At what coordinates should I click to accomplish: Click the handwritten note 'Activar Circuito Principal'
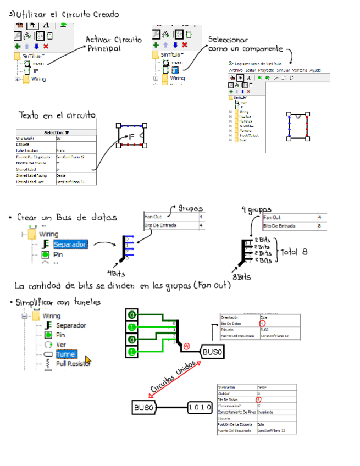(113, 44)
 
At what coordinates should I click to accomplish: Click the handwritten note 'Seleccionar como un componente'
(245, 45)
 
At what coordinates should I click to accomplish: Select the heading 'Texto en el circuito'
(57, 115)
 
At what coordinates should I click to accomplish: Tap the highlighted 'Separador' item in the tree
(70, 244)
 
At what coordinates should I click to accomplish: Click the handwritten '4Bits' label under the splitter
(117, 273)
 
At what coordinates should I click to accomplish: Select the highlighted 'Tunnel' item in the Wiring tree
(66, 354)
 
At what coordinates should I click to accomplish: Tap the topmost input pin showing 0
(132, 315)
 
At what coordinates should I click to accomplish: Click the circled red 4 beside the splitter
(187, 346)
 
